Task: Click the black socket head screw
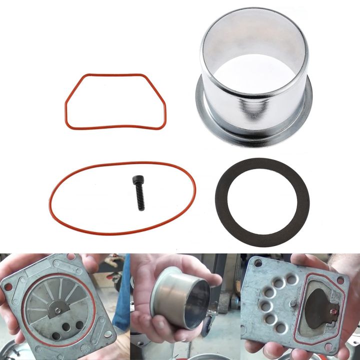pyautogui.click(x=138, y=193)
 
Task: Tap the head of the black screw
pyautogui.click(x=136, y=180)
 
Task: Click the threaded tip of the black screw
pyautogui.click(x=141, y=206)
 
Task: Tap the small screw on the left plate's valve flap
pyautogui.click(x=58, y=310)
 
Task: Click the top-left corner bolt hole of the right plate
pyautogui.click(x=258, y=263)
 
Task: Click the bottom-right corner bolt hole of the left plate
pyautogui.click(x=108, y=333)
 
